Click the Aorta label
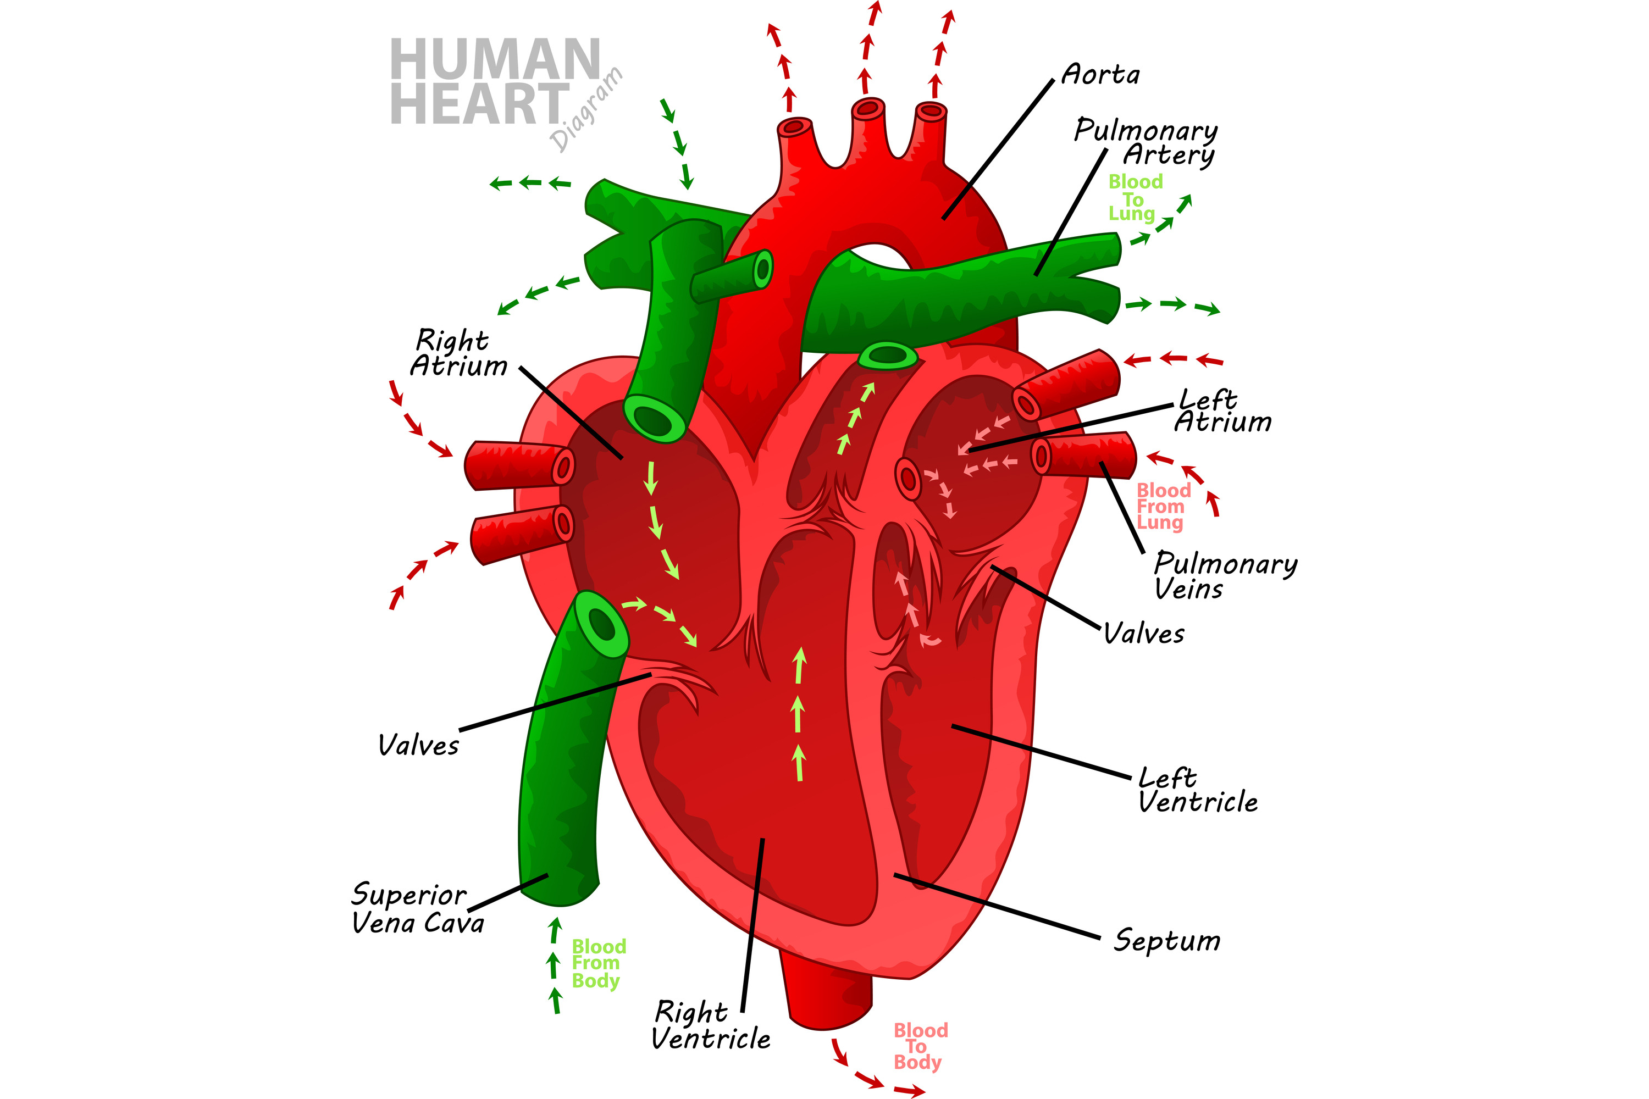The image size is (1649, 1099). (x=1100, y=74)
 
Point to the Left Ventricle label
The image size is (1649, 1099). (x=1197, y=790)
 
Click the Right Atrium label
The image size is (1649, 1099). (x=458, y=353)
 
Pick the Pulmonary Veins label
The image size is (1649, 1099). (x=1224, y=575)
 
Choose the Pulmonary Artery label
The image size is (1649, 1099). (x=1146, y=142)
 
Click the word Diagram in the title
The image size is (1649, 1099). (x=586, y=109)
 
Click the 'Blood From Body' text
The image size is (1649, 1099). (x=598, y=964)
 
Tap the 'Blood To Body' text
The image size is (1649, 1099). (x=920, y=1046)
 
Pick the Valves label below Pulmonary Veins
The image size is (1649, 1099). (x=1143, y=634)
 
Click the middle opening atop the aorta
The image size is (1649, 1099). (x=868, y=108)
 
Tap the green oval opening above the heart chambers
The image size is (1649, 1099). (x=888, y=356)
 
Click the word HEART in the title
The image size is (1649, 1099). (x=479, y=104)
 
